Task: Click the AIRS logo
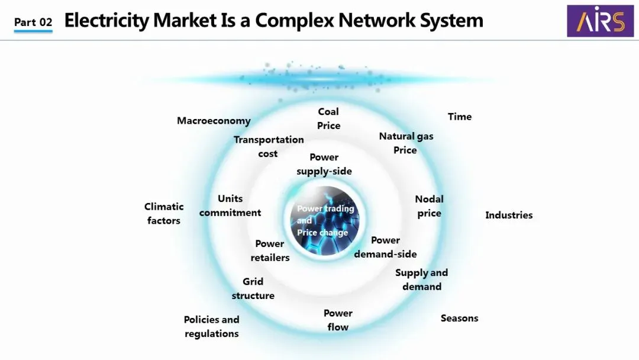click(600, 21)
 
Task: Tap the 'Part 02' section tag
click(33, 22)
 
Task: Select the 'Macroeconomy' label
click(214, 121)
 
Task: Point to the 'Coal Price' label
click(328, 118)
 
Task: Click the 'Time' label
click(460, 117)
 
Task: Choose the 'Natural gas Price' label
click(406, 143)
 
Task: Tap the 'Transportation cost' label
click(269, 147)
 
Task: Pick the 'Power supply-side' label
click(324, 164)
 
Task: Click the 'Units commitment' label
click(230, 205)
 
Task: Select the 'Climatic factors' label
click(164, 213)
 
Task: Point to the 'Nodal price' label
click(429, 206)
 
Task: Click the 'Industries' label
click(509, 215)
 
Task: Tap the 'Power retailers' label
click(270, 250)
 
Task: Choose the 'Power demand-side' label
click(385, 247)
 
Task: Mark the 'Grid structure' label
click(253, 288)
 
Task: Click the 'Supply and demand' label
click(421, 279)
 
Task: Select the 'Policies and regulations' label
click(211, 326)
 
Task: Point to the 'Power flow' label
click(338, 320)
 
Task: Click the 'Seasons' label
click(459, 318)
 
